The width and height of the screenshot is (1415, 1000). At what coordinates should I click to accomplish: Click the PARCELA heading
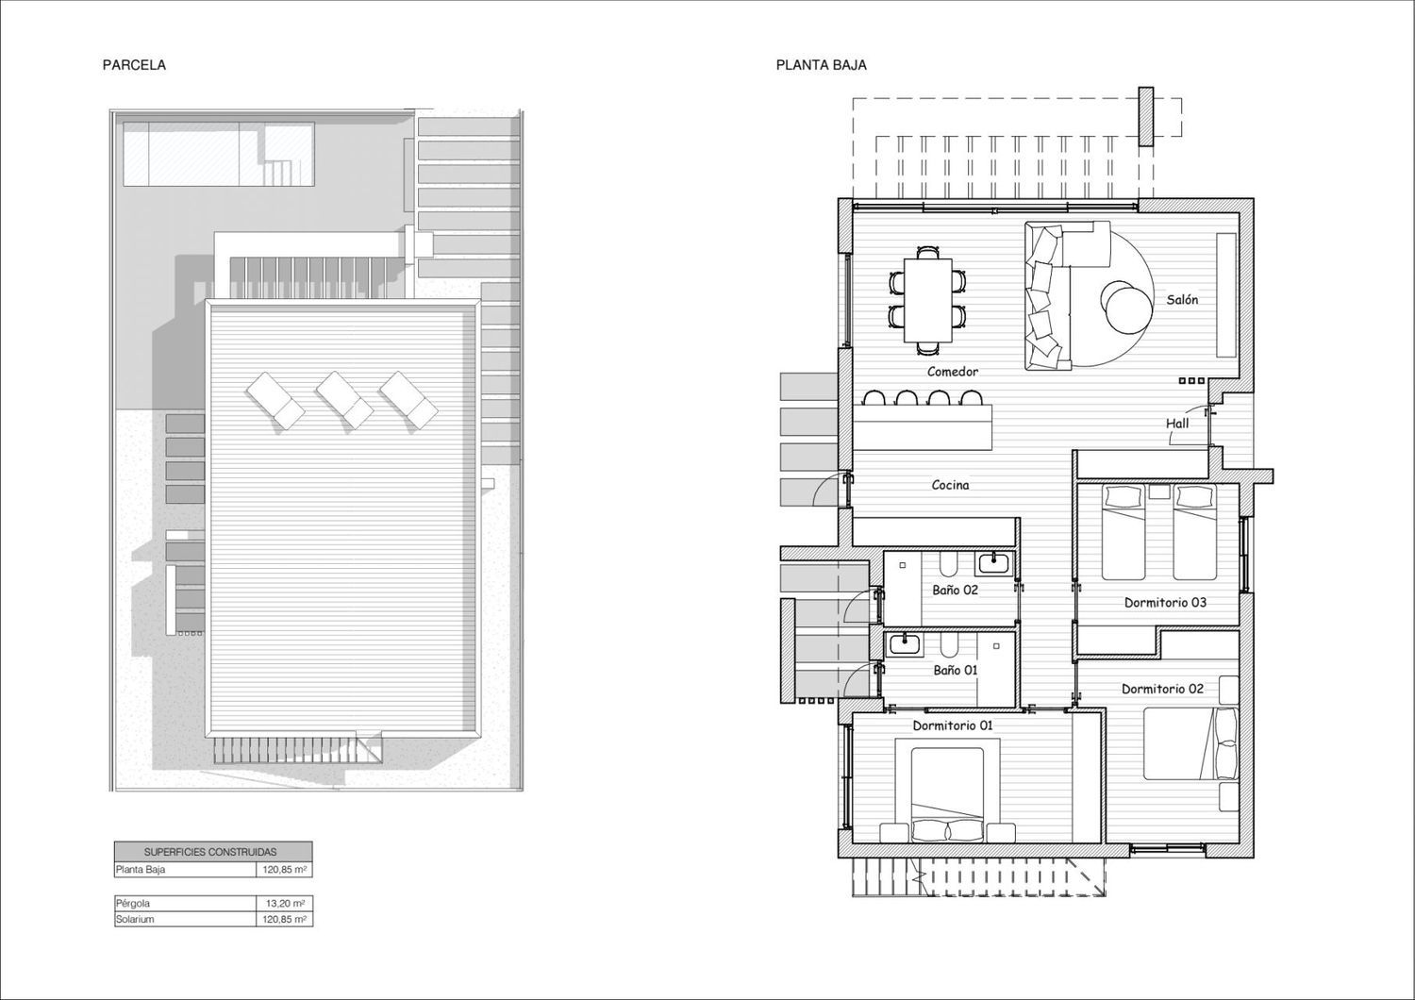[134, 65]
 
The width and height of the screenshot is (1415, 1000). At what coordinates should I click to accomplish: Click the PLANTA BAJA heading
[822, 65]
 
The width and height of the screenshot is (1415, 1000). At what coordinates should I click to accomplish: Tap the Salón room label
[1183, 299]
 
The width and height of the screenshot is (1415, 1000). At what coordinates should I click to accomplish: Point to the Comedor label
[953, 372]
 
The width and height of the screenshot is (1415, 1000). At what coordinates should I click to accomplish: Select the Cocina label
[951, 485]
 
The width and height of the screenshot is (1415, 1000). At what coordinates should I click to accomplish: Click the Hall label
[1177, 424]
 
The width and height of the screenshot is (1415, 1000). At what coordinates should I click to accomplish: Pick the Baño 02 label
[955, 590]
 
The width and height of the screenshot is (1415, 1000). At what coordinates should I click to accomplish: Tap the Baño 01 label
[955, 670]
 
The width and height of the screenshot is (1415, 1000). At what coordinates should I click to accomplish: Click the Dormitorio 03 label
[1165, 603]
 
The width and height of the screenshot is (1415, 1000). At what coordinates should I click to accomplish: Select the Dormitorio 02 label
[1162, 690]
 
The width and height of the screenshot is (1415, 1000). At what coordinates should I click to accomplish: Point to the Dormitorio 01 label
[953, 725]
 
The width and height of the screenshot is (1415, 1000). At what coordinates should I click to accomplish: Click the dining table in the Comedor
[928, 299]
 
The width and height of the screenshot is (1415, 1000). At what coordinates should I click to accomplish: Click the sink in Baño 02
[995, 562]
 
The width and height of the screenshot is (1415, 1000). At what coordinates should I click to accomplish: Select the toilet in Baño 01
[948, 645]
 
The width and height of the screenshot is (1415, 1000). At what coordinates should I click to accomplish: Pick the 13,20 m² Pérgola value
[286, 904]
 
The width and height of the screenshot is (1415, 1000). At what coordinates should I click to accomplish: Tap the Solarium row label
[135, 919]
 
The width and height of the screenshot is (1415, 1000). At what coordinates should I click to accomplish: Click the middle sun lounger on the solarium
[345, 399]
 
